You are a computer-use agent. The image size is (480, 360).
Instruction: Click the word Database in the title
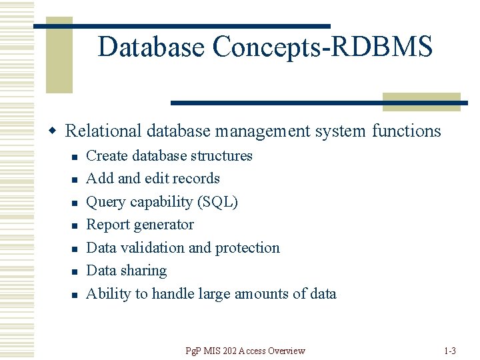pos(151,47)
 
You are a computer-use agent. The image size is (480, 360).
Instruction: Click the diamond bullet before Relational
pos(57,131)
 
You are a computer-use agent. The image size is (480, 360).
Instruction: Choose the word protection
pos(247,248)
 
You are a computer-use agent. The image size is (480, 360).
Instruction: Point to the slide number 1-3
pos(449,351)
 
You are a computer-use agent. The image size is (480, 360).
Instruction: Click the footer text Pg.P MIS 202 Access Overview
pos(245,351)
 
